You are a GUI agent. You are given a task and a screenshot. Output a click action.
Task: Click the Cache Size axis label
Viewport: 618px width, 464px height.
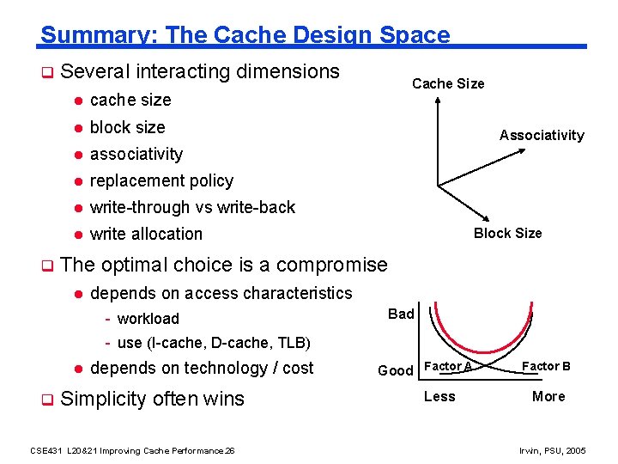(x=448, y=83)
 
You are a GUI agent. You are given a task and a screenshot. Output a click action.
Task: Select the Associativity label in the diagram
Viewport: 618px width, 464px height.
(x=542, y=135)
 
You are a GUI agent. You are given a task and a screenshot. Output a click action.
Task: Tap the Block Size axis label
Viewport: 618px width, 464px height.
(x=508, y=233)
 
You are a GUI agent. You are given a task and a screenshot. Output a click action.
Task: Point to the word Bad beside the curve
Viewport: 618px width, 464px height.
(x=401, y=314)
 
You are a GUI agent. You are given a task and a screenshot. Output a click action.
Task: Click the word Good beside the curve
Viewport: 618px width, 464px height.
(x=396, y=370)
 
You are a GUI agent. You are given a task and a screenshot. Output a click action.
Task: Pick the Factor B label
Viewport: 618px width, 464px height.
(x=547, y=366)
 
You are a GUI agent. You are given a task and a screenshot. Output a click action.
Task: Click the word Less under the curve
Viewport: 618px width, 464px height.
(x=439, y=396)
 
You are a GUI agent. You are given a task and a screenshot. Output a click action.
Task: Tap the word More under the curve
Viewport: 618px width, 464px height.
(x=548, y=396)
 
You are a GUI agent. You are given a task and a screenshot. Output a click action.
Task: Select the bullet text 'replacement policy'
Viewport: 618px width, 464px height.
(x=161, y=180)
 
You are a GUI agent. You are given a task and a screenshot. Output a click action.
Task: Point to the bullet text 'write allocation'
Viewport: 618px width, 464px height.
(x=146, y=234)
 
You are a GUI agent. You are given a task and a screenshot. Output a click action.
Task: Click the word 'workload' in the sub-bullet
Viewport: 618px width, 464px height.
(x=148, y=319)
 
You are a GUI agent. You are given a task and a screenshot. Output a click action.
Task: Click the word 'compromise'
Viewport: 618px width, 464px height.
(x=332, y=265)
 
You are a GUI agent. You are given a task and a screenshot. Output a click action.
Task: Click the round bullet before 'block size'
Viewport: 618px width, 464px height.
(x=76, y=128)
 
